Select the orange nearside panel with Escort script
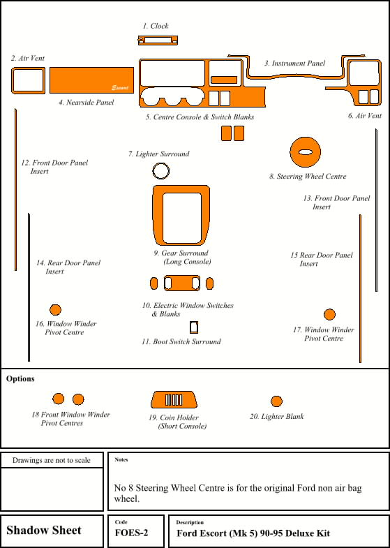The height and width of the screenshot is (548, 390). click(x=91, y=80)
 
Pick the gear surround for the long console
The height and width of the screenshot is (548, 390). click(x=158, y=215)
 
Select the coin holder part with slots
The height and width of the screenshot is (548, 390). click(x=158, y=400)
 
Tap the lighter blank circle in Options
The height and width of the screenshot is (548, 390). click(x=276, y=401)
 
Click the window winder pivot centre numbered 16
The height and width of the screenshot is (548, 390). click(x=56, y=310)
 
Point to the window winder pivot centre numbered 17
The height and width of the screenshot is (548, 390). click(x=329, y=315)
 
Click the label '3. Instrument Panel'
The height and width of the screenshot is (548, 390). click(x=294, y=64)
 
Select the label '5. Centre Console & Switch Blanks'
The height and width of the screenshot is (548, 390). click(x=200, y=117)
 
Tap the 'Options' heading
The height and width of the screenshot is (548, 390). click(x=20, y=379)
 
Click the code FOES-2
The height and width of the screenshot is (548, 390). click(x=131, y=533)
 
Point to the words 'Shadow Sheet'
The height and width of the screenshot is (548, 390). click(x=44, y=530)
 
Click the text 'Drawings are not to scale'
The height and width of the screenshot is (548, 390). click(x=52, y=460)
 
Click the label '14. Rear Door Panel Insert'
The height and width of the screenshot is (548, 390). click(x=68, y=267)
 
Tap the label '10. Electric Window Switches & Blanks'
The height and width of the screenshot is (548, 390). click(x=188, y=310)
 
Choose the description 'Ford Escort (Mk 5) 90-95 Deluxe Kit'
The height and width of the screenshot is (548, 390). click(x=253, y=533)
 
